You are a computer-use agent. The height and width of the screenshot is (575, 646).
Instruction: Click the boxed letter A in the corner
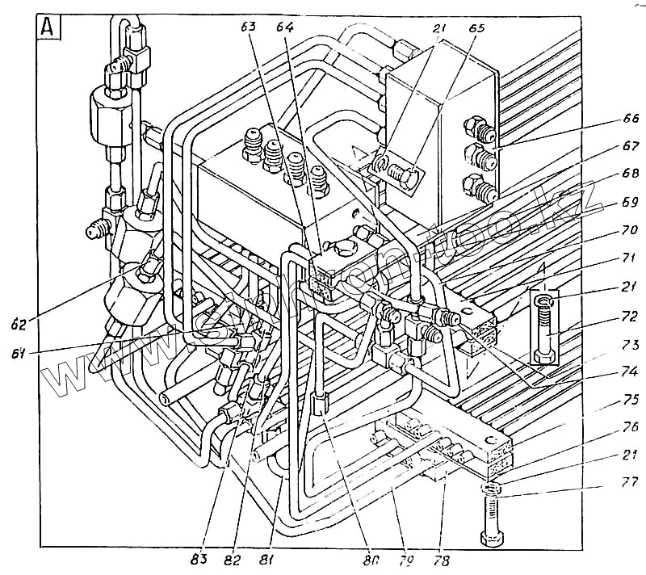48,28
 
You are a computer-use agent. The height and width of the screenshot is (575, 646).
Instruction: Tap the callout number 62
19,325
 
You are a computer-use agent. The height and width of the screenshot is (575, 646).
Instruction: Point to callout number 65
476,27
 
